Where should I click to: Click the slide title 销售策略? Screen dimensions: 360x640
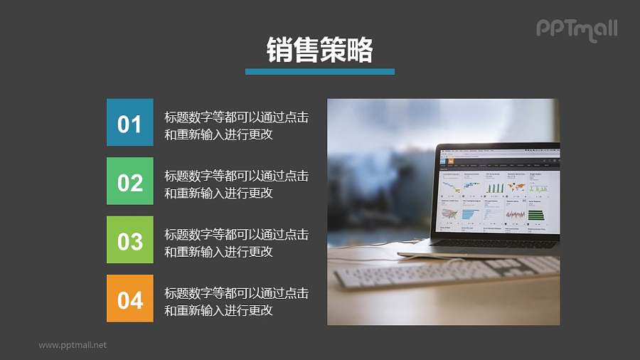tap(319, 50)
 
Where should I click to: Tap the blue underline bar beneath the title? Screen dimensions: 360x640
tap(319, 71)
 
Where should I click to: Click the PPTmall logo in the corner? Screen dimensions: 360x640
tap(576, 29)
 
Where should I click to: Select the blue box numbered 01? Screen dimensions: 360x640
tap(129, 122)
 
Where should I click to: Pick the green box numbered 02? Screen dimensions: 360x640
tap(129, 181)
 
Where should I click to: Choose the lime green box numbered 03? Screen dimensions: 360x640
tap(129, 240)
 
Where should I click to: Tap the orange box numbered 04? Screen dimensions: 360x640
tap(129, 298)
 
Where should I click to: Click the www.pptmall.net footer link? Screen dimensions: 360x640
tap(73, 345)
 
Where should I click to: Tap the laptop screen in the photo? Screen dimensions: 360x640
tap(498, 192)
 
